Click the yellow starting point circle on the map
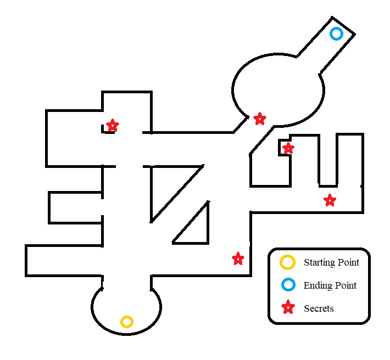click(127, 322)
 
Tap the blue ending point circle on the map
click(336, 34)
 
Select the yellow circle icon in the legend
click(287, 262)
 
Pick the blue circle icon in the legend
click(287, 285)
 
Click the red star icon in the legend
click(287, 308)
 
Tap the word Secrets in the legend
click(319, 308)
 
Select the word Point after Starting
click(347, 262)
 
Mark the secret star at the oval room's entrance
click(260, 119)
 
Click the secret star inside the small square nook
click(288, 148)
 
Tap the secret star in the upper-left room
click(113, 126)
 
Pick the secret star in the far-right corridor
click(330, 200)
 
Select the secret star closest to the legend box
click(238, 258)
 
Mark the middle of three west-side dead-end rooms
click(74, 207)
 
